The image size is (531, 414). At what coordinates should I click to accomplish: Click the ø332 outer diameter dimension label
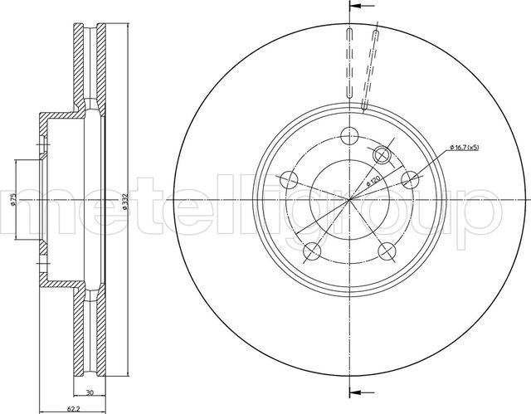coord(124,202)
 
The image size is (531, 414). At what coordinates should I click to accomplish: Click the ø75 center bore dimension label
coord(13,200)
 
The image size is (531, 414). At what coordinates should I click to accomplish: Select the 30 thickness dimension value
coord(90,392)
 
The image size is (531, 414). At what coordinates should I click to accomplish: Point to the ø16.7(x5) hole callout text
coord(465,147)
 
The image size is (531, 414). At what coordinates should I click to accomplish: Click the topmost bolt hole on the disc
coord(349,136)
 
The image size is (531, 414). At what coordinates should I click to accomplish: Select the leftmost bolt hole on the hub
coord(290,180)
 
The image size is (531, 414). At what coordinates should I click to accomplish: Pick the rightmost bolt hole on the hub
coord(410,180)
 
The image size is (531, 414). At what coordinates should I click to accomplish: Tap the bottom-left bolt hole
coord(312,251)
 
